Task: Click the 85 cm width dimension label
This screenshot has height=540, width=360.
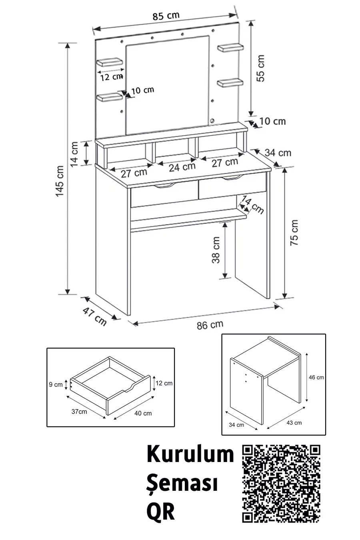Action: (x=166, y=16)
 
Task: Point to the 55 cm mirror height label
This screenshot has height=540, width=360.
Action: (x=260, y=68)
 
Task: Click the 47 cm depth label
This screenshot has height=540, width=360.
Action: (x=95, y=316)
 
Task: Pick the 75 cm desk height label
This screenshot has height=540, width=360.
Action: (x=294, y=232)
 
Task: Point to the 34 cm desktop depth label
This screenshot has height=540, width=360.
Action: (x=278, y=152)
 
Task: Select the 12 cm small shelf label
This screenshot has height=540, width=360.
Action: (x=111, y=76)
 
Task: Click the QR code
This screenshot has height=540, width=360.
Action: (x=282, y=484)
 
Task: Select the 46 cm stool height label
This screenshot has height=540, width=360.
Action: (x=316, y=377)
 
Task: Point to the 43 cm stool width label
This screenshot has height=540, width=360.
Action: (x=294, y=422)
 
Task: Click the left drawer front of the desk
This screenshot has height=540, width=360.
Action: (x=164, y=196)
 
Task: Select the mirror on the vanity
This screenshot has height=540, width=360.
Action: (x=168, y=84)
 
